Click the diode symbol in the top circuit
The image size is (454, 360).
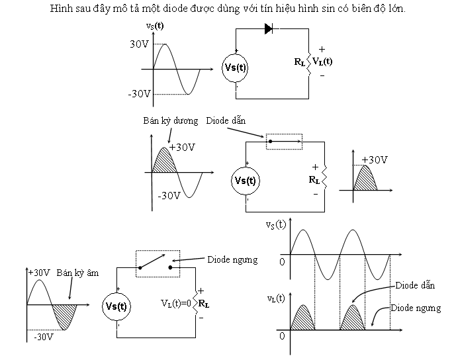pos(269,28)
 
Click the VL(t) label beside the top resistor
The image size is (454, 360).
pos(322,62)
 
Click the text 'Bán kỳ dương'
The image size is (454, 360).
pos(170,121)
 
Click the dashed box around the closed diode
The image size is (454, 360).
pos(284,141)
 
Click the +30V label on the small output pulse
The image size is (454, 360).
pos(375,160)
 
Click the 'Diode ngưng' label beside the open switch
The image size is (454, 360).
pos(232,259)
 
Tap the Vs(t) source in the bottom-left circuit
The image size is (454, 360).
pos(118,306)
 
